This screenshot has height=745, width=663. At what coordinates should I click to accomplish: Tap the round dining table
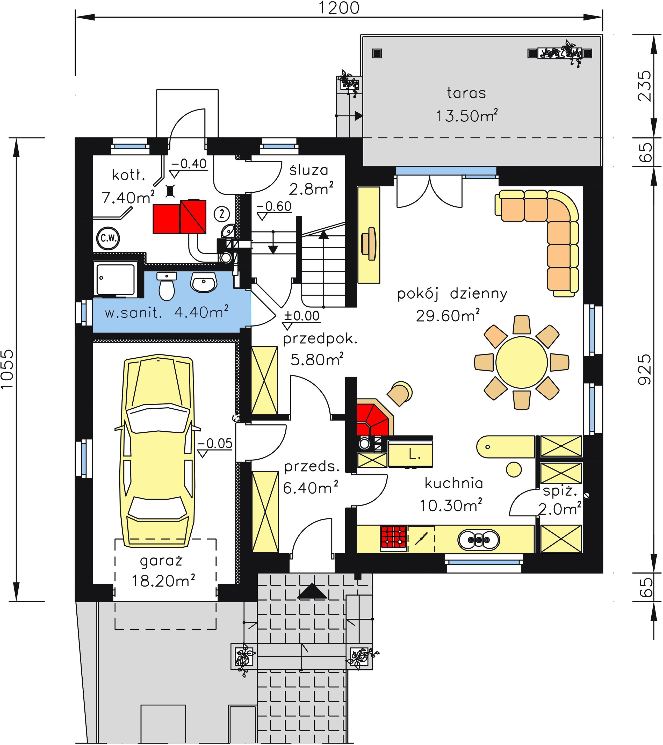[x=522, y=362]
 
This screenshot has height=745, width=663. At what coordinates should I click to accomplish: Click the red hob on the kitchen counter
[x=394, y=538]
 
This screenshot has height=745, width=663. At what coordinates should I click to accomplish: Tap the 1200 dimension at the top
[x=339, y=8]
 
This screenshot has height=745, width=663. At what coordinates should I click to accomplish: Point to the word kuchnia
[x=454, y=483]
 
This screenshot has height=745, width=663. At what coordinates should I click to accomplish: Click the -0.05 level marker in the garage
[x=215, y=447]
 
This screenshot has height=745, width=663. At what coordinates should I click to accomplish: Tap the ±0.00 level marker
[x=301, y=319]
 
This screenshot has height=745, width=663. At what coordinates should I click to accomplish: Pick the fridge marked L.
[x=410, y=453]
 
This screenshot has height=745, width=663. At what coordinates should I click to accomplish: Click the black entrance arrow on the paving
[x=312, y=591]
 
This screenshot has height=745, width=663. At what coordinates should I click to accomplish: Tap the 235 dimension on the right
[x=645, y=86]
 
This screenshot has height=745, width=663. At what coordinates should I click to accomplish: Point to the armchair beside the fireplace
[x=400, y=393]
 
